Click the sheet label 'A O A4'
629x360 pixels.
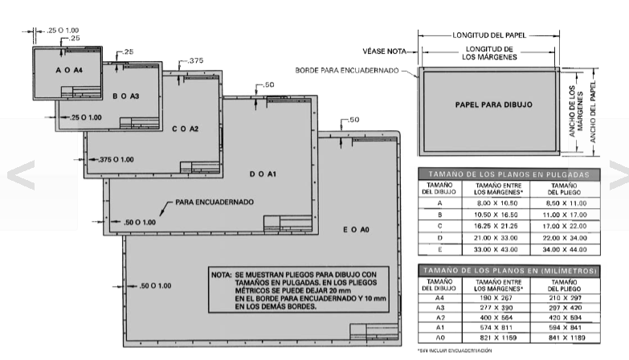coord(69,72)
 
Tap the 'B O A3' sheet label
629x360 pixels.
coord(125,96)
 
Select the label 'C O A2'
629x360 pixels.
coord(186,129)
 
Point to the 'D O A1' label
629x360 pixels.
coord(263,174)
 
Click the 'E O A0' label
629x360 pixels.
coord(355,231)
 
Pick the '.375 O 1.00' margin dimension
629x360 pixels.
coord(116,159)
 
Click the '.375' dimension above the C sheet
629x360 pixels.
coord(195,60)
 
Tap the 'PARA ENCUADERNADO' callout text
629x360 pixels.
coord(214,201)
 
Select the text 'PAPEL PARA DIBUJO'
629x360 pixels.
coord(493,104)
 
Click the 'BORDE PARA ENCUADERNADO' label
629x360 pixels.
coord(349,70)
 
